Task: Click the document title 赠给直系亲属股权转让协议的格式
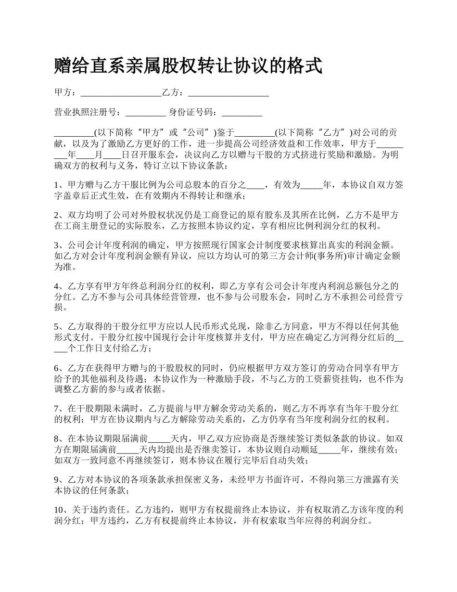click(x=188, y=66)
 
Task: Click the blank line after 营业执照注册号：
click(x=146, y=114)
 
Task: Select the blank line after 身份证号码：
click(x=242, y=114)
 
